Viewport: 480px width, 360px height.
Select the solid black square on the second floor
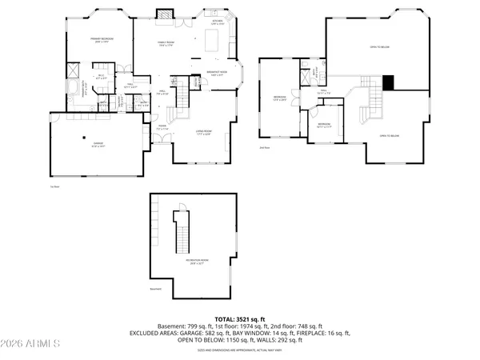pos(389,81)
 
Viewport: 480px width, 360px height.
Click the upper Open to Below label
pos(379,47)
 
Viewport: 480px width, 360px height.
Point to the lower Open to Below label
pos(389,136)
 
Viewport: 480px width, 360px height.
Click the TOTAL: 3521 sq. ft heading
pos(240,318)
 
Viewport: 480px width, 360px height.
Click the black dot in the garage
pos(84,138)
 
